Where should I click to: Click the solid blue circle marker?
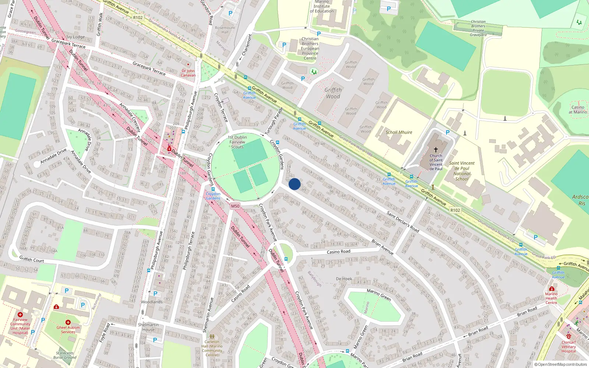coord(294,184)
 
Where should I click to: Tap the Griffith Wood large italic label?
coord(333,93)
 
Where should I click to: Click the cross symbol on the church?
coord(436,150)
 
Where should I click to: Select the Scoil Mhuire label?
coord(399,132)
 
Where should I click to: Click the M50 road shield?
coord(235,206)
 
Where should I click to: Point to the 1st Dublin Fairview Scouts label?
coord(237,142)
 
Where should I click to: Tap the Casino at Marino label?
coord(578,110)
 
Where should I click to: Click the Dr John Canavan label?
coord(188,73)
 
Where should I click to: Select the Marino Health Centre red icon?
coord(551,289)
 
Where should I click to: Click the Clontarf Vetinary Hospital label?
coord(568,347)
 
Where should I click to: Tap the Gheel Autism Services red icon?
coord(68,322)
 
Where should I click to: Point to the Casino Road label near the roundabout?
coord(338,252)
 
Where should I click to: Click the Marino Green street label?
coord(378,294)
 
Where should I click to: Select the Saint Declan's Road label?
coord(403,222)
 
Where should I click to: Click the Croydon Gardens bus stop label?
coord(213,196)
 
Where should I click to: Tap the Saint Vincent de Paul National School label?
coord(462,171)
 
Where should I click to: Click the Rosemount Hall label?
coord(225,30)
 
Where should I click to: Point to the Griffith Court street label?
coord(32,259)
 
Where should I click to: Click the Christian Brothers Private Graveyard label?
coord(478,28)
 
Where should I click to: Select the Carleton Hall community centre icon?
coord(212,336)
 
